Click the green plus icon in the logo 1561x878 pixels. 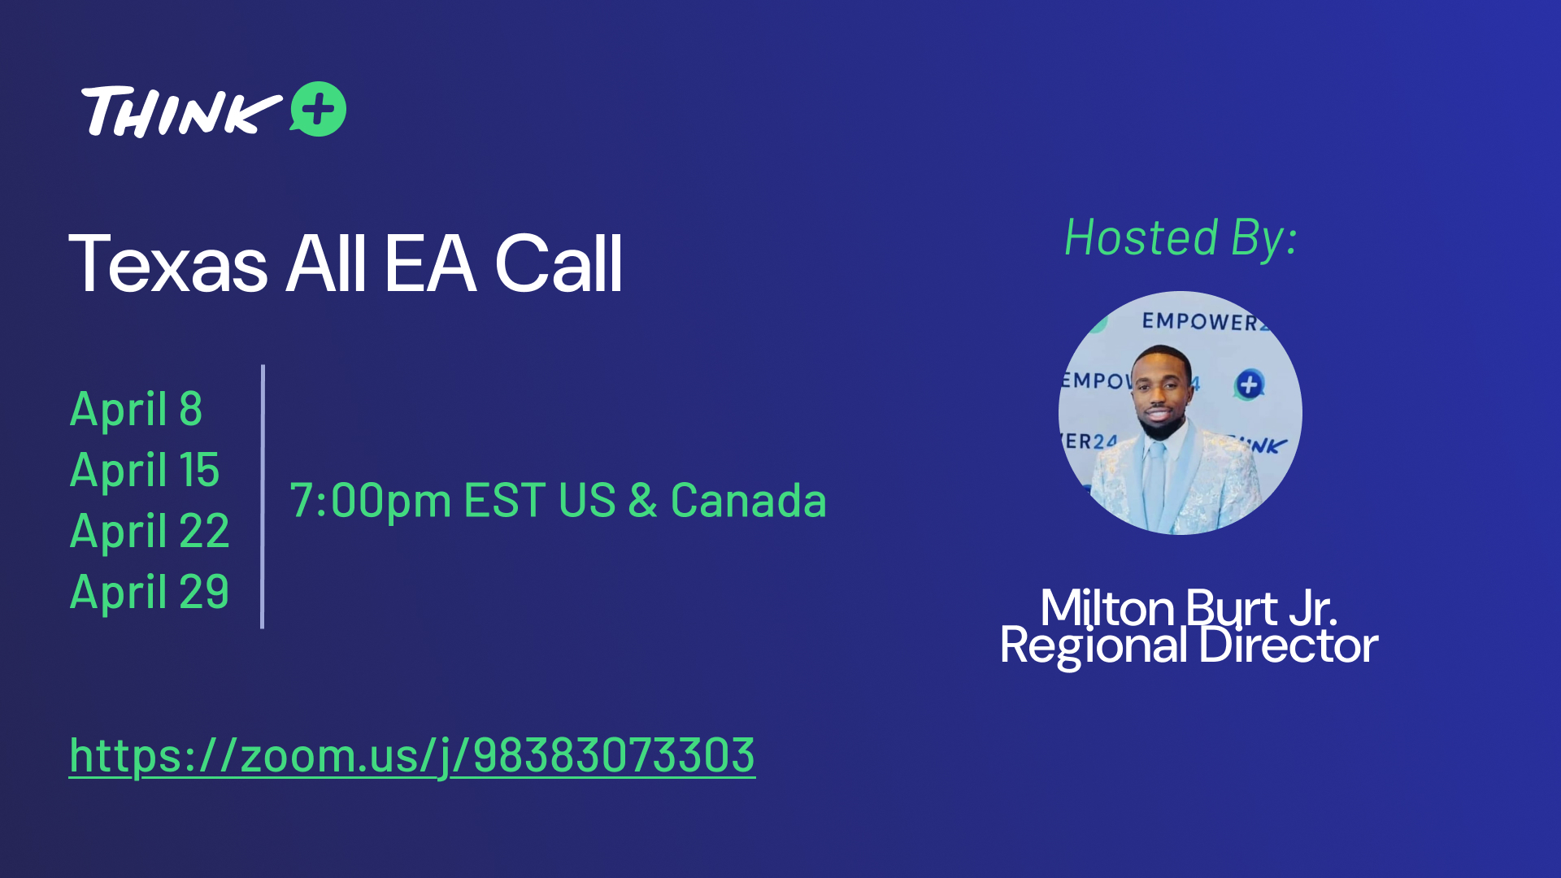pos(319,109)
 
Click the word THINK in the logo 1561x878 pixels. pos(181,111)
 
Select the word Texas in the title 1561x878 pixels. pos(168,263)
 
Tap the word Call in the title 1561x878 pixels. pos(559,263)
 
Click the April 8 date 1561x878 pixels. pos(136,408)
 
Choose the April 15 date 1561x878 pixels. pos(145,469)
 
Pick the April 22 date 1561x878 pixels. pos(150,530)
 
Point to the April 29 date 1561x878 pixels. pos(150,591)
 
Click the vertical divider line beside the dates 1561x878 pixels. pos(263,497)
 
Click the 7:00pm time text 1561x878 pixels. pos(371,501)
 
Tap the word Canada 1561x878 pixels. pos(748,500)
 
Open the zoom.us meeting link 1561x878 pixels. pos(412,756)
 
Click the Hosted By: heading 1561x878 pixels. pos(1181,237)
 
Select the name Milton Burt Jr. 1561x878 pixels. pos(1189,607)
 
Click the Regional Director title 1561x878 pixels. pos(1189,646)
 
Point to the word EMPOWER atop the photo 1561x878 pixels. pos(1200,322)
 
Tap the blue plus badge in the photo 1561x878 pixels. pos(1250,385)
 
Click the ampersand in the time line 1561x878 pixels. pos(642,500)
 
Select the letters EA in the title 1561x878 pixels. pos(430,263)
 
